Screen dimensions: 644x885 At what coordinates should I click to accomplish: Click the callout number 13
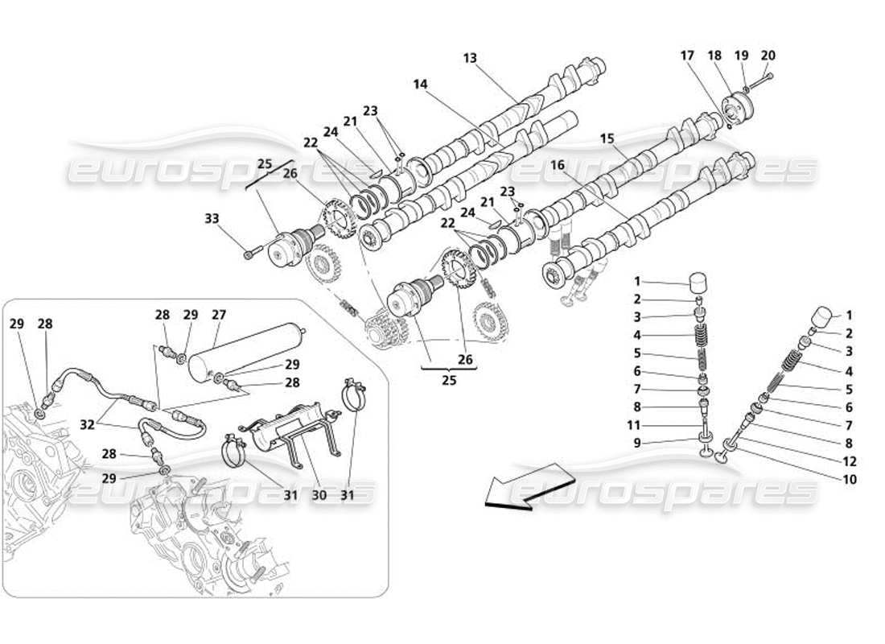[x=470, y=58]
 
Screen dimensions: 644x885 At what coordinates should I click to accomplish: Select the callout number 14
[x=420, y=84]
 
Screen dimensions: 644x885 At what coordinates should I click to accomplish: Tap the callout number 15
[x=607, y=138]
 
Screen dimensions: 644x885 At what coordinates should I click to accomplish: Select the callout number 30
[x=319, y=496]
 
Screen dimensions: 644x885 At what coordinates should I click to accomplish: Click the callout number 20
[x=768, y=56]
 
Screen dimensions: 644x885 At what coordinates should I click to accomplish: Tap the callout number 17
[x=686, y=56]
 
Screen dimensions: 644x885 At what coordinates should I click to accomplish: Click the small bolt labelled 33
[x=248, y=255]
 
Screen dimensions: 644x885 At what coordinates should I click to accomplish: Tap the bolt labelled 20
[x=767, y=77]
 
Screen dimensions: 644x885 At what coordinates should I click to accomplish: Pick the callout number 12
[x=850, y=462]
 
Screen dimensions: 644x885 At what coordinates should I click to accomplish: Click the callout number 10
[x=850, y=480]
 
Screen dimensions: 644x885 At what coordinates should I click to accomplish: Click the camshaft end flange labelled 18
[x=735, y=107]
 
